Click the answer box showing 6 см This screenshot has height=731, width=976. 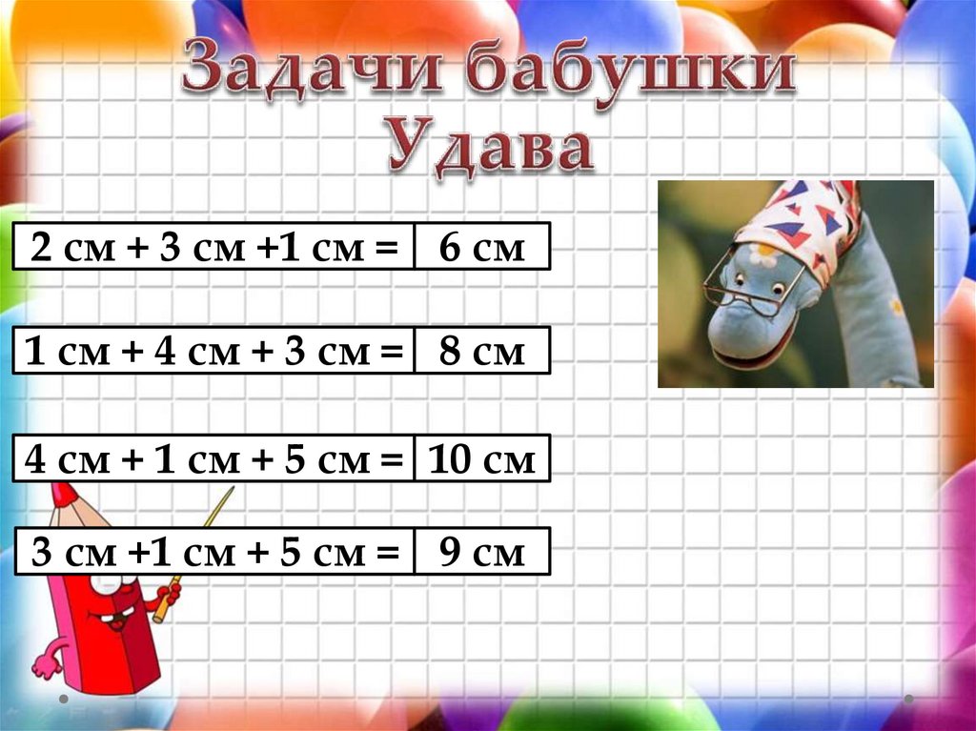[482, 248]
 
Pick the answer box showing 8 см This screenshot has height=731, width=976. [482, 352]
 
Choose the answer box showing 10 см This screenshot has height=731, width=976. [482, 460]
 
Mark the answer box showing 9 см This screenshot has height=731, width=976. [482, 552]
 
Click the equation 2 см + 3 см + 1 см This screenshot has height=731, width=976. [214, 248]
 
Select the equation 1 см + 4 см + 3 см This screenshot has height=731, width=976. [214, 352]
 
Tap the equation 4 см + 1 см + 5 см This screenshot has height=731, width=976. [214, 460]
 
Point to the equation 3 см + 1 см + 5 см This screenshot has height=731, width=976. [214, 552]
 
